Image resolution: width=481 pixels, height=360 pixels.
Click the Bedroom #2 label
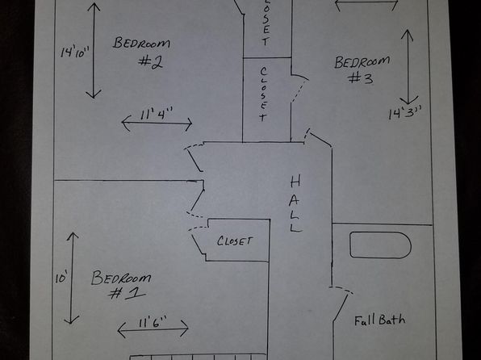[141, 52]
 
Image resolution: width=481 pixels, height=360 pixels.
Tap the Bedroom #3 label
[362, 70]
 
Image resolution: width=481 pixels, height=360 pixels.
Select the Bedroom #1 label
[121, 284]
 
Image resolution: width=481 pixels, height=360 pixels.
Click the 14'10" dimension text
[74, 52]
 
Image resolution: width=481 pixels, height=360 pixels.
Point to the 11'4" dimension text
[157, 114]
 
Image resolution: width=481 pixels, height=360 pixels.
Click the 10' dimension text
[61, 278]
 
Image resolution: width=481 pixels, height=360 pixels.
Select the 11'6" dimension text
[153, 324]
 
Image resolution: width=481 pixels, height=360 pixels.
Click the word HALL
[295, 203]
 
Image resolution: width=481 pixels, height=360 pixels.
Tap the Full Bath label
[380, 320]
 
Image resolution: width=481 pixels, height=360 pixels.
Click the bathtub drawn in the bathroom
[380, 245]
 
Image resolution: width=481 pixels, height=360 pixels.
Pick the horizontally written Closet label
[235, 241]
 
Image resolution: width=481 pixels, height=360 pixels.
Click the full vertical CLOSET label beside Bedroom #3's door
[263, 94]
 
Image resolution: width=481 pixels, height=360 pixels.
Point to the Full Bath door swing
[341, 303]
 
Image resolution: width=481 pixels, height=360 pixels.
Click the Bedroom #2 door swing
[194, 157]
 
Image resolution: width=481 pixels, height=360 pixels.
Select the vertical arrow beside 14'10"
[94, 51]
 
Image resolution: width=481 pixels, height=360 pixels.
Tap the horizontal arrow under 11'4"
[157, 123]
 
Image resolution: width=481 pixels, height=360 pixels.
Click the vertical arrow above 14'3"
[408, 67]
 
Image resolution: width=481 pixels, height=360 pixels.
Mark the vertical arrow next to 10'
[72, 278]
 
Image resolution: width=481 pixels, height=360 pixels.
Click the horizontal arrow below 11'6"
[153, 329]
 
